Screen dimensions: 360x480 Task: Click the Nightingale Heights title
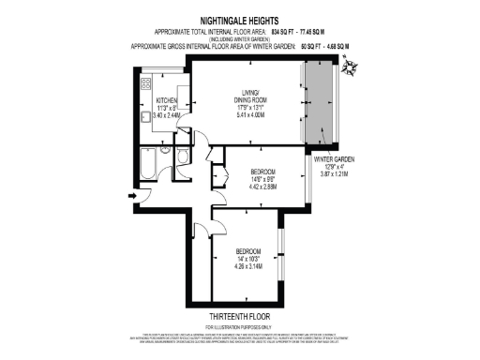point(239,17)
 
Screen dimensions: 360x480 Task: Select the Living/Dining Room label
point(248,94)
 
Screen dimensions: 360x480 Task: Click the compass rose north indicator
point(352,65)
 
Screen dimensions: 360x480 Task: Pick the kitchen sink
point(147,117)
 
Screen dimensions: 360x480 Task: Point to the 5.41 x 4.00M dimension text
point(248,114)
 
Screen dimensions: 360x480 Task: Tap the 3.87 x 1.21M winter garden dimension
point(334,174)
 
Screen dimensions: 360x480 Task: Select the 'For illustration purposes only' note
point(240,326)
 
